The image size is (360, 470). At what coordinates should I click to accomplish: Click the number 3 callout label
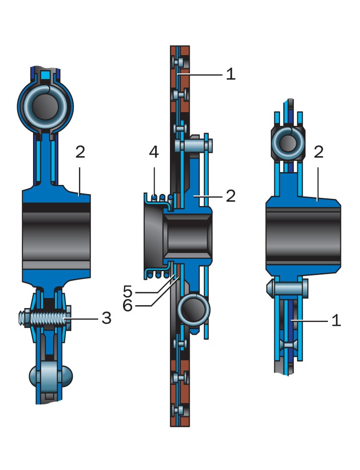(106, 318)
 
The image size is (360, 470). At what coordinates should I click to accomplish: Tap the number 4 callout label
(153, 153)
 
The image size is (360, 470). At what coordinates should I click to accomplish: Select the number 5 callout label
(127, 291)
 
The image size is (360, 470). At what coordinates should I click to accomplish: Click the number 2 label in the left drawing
(80, 152)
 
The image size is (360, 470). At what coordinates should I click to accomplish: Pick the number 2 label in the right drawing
(318, 152)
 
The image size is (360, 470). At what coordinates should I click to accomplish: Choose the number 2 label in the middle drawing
(231, 196)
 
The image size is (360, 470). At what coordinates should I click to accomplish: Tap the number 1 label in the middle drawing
(231, 74)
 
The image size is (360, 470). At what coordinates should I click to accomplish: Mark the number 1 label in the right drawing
(336, 320)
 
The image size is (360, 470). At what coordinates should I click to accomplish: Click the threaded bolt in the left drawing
(44, 318)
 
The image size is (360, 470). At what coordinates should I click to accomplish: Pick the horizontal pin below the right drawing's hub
(287, 288)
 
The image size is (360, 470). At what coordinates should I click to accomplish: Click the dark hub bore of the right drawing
(303, 236)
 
